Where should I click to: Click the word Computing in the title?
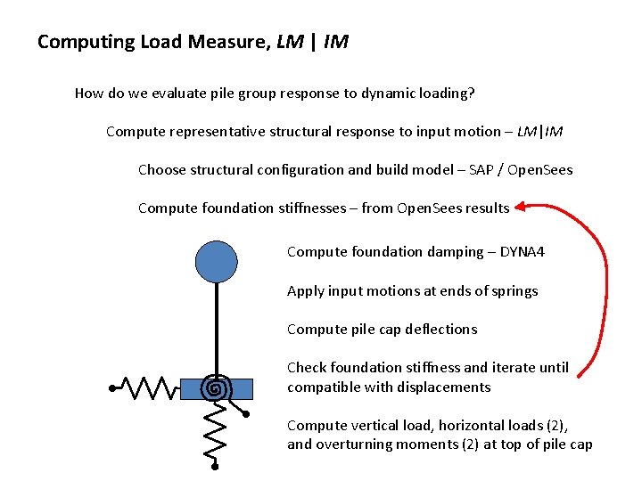coord(74,42)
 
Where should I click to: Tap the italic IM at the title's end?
coord(336,42)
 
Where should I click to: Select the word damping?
coord(452,252)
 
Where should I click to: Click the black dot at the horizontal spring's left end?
coord(113,388)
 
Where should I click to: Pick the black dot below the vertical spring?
coord(216,465)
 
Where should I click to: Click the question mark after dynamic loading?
coord(468,93)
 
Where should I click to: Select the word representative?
coord(218,132)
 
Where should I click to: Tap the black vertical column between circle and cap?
coord(216,330)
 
